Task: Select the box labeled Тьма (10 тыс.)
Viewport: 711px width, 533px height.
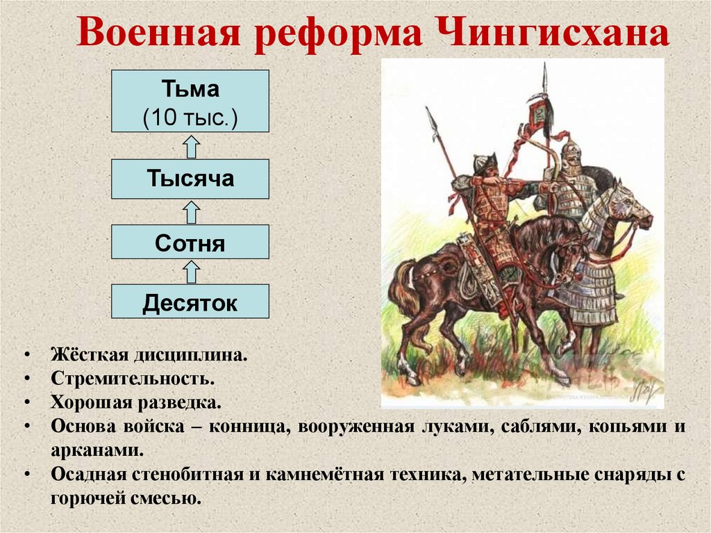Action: pos(190,101)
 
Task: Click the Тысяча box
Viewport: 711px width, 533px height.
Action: pos(190,179)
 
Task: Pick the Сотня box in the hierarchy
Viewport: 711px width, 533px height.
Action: pos(190,243)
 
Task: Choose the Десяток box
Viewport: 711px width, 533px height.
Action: pos(190,303)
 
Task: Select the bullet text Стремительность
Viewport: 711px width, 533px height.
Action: pos(131,379)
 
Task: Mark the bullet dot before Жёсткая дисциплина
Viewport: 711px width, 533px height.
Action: pos(26,355)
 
